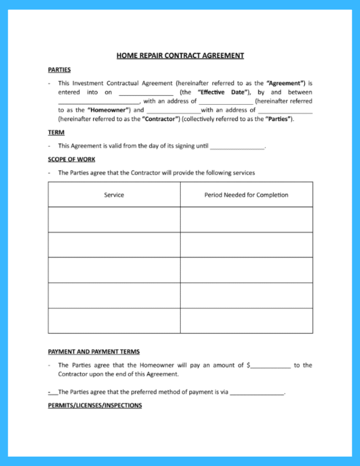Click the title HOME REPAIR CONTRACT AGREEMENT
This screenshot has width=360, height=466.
click(x=180, y=56)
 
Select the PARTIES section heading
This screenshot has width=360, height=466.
click(x=59, y=70)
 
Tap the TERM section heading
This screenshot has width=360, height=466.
click(x=56, y=132)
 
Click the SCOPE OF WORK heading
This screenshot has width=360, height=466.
click(x=71, y=159)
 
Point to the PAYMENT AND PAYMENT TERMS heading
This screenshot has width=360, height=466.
click(x=94, y=351)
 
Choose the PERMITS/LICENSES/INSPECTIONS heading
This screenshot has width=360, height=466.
click(x=95, y=405)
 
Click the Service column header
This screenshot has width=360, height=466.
click(x=114, y=195)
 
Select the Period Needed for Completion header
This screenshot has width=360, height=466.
click(x=246, y=195)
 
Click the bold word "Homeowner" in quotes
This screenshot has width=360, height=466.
click(x=108, y=110)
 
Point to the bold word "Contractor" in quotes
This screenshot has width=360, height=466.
click(x=160, y=119)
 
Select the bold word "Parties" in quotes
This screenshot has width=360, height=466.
click(x=278, y=119)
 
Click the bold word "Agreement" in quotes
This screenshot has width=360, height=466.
click(x=286, y=83)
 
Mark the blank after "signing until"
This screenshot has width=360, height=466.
click(x=237, y=146)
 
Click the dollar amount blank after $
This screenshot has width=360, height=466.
click(x=271, y=366)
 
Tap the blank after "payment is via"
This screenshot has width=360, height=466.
click(x=257, y=393)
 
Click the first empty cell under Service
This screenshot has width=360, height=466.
click(x=114, y=219)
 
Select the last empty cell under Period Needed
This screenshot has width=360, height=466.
click(x=246, y=321)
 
